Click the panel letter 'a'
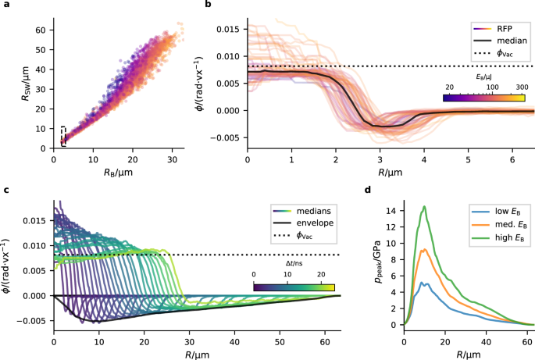point(6,5)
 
